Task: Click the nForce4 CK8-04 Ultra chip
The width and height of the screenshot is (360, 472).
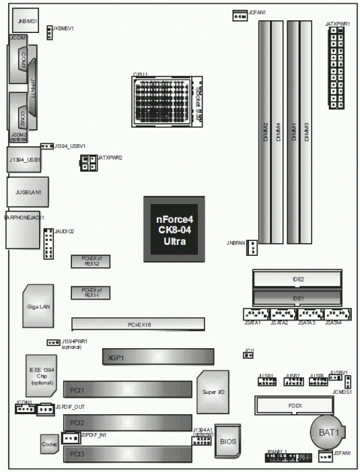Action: click(x=174, y=230)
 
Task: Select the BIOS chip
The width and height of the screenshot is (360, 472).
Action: click(x=226, y=442)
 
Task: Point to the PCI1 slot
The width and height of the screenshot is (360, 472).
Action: click(x=131, y=390)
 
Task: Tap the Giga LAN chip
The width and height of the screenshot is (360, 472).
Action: click(x=37, y=305)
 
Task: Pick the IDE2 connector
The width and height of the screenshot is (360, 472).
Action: click(x=298, y=280)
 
